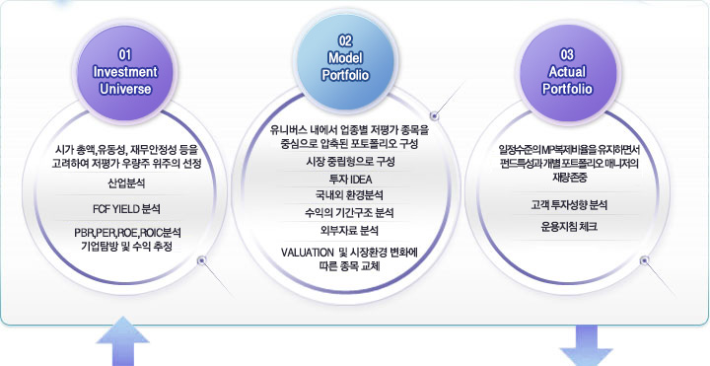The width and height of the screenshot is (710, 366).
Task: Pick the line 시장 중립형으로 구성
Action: (344, 161)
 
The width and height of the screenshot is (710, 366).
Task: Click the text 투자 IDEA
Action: (344, 179)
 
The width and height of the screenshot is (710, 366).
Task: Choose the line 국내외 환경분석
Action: (344, 195)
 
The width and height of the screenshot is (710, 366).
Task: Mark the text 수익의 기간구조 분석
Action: (344, 212)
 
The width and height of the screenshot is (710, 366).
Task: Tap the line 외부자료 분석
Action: (344, 230)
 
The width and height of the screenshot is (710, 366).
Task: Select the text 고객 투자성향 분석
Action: (568, 205)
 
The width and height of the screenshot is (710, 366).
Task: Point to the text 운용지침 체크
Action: (568, 226)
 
